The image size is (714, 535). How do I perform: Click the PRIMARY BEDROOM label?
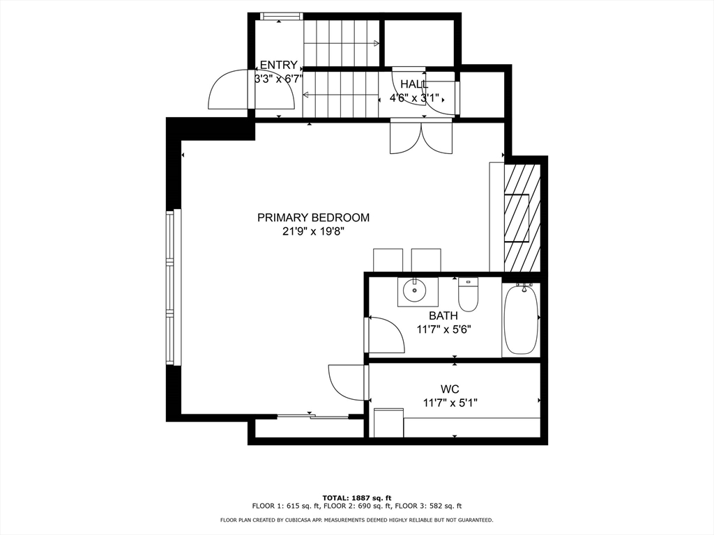(313, 217)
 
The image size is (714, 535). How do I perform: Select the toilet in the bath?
(468, 295)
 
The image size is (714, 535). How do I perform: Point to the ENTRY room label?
(278, 65)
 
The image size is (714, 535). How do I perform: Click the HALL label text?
(414, 84)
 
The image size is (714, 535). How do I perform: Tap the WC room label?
(450, 389)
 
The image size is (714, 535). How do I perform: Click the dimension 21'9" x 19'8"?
(313, 232)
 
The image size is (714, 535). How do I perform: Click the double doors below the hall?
(420, 137)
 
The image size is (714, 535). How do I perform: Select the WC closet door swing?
(347, 382)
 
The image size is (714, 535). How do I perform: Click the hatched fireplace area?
(522, 218)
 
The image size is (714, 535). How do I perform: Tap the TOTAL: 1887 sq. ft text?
(356, 497)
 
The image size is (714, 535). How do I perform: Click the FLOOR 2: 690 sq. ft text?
(356, 506)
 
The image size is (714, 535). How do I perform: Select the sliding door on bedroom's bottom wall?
(312, 417)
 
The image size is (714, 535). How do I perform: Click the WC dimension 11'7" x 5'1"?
(450, 403)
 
